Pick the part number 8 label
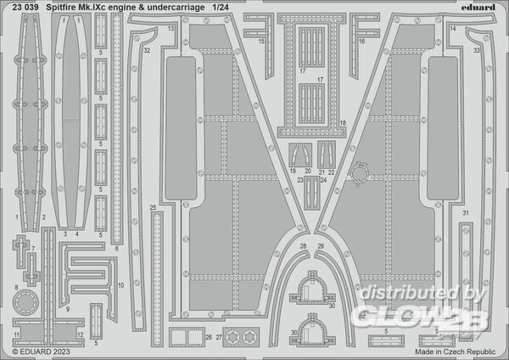(15, 289)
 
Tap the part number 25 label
(152, 208)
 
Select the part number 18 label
(342, 123)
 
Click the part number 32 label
(147, 50)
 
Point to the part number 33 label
(477, 50)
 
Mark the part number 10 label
(121, 285)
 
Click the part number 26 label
(209, 338)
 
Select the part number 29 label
(322, 246)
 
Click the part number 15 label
(261, 41)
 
